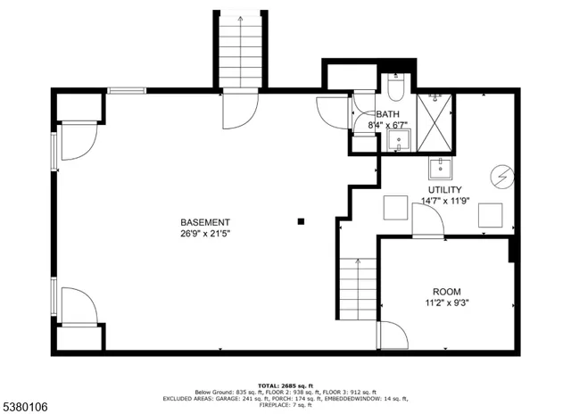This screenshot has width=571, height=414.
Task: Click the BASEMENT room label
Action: click(205, 222)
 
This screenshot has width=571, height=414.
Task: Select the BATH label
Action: click(387, 114)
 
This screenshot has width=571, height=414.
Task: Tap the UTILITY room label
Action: click(444, 190)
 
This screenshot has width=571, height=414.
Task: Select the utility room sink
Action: click(439, 166)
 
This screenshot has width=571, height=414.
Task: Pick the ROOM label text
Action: click(447, 292)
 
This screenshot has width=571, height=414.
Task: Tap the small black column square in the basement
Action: click(302, 220)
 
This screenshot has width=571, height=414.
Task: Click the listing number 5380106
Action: click(28, 406)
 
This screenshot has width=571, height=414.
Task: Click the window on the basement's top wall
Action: click(127, 90)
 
